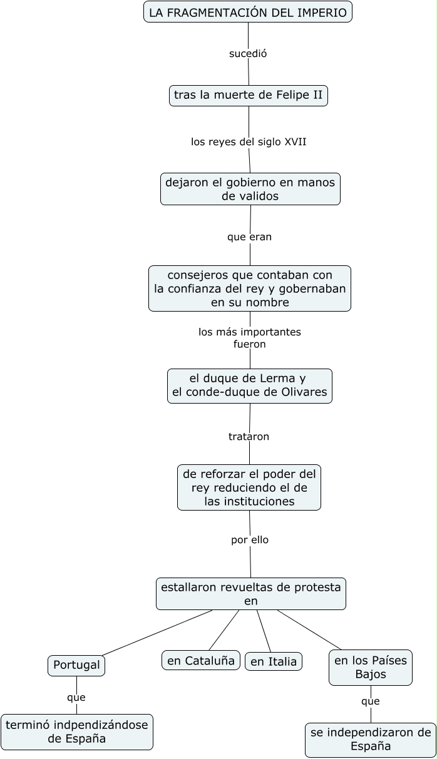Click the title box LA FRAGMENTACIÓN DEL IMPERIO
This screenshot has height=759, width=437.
pos(248,12)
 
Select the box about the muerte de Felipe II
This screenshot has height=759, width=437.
pos(248,95)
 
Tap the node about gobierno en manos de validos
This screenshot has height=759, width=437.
pos(250,189)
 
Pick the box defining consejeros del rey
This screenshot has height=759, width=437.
pos(250,288)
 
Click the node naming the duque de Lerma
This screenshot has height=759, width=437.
pos(250,385)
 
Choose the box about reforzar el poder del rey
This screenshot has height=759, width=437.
pos(249,487)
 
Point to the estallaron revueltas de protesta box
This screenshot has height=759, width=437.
pos(250,594)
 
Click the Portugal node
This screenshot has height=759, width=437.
pos(76,665)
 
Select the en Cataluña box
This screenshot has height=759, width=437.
pos(201,660)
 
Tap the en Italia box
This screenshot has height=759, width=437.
pos(274,661)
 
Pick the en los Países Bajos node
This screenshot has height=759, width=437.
pos(371,667)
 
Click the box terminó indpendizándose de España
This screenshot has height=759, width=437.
pos(77,731)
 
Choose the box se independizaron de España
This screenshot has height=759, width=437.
pos(371,740)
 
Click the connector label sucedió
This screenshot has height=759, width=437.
pos(248,54)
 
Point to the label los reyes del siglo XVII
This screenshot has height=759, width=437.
pos(249,142)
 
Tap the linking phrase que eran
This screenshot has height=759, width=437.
pos(249,237)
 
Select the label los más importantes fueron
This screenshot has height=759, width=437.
pos(250,338)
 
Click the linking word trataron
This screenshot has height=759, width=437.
pos(249,437)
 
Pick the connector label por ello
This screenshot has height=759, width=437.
pos(250,539)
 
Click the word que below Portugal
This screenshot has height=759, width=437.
pos(76,697)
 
